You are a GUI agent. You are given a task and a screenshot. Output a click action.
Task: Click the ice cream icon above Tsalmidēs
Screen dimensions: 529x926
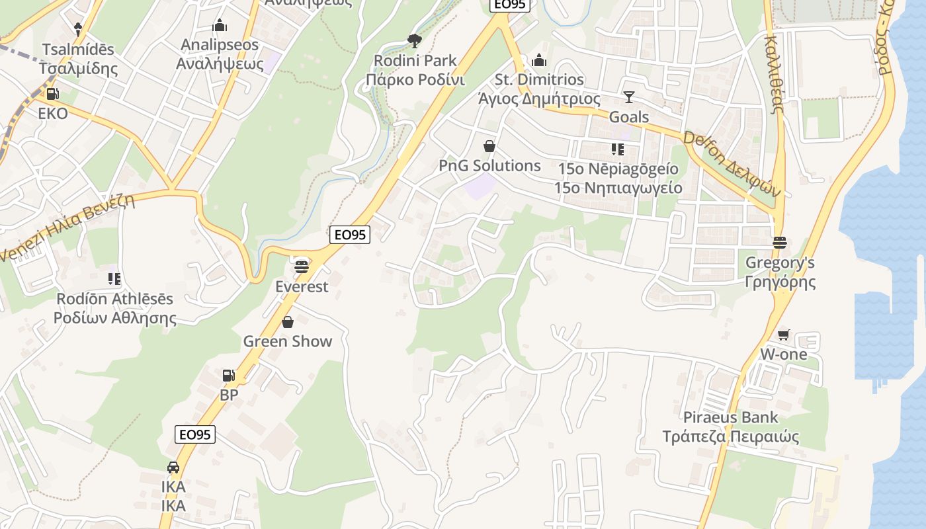click(78, 29)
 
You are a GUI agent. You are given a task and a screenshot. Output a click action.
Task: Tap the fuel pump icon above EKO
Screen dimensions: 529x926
click(53, 94)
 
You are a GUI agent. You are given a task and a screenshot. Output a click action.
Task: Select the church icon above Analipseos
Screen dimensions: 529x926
click(220, 26)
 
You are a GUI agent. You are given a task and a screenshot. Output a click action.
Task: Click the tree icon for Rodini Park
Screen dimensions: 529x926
click(415, 41)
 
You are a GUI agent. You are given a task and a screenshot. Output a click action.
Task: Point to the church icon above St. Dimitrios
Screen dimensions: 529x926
click(540, 60)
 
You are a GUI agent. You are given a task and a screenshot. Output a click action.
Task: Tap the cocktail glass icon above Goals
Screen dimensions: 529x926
click(628, 97)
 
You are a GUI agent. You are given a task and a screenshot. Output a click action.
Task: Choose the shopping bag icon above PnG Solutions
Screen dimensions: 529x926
click(489, 146)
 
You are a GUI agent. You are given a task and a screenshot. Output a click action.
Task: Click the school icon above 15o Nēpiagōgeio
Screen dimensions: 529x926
click(618, 149)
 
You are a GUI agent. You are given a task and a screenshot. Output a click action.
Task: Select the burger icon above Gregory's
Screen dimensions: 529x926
click(780, 243)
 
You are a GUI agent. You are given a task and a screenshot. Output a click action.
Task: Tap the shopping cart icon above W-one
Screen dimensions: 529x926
click(784, 335)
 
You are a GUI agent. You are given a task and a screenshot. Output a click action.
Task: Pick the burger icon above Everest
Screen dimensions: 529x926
click(302, 266)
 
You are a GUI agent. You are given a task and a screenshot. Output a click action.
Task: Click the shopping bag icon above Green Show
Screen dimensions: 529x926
click(288, 322)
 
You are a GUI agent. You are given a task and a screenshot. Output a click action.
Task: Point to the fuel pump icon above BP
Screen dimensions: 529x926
click(229, 376)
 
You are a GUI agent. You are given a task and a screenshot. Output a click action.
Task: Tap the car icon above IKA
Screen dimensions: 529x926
click(173, 468)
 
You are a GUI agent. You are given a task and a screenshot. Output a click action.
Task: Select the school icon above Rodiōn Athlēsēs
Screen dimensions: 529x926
click(114, 279)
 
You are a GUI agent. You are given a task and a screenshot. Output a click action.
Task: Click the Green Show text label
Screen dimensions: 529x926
click(288, 341)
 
